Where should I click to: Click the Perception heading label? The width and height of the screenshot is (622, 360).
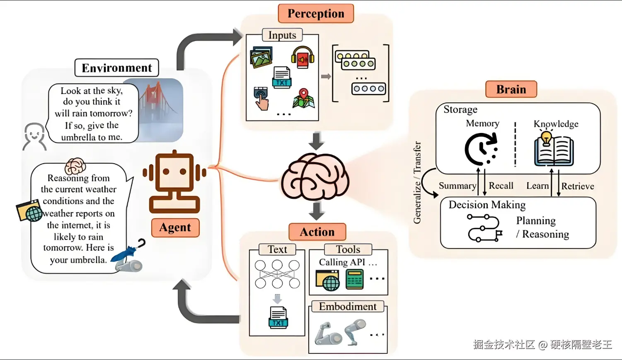[x=316, y=13]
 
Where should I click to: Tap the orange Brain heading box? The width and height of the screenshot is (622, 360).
[x=511, y=89]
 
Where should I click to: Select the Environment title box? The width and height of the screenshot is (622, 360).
[x=116, y=68]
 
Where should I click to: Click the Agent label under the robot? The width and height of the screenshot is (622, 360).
[x=175, y=227]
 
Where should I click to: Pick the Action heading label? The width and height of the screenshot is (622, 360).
[x=317, y=232]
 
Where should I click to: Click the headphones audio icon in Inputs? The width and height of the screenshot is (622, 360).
[x=303, y=57]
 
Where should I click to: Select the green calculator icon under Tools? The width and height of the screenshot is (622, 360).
[x=354, y=279]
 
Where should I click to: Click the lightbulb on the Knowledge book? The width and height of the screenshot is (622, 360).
[x=546, y=138]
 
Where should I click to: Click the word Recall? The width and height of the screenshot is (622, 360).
[x=501, y=186]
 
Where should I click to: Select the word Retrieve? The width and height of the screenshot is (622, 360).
[x=578, y=186]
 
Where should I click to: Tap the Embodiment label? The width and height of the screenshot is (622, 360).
[x=348, y=307]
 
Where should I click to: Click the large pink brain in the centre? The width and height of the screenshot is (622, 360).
[x=315, y=176]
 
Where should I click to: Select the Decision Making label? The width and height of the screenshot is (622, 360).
[x=487, y=205]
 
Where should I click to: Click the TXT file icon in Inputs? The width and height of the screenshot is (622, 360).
[x=282, y=77]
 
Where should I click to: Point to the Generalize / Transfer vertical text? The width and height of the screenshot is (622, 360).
[x=417, y=182]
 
